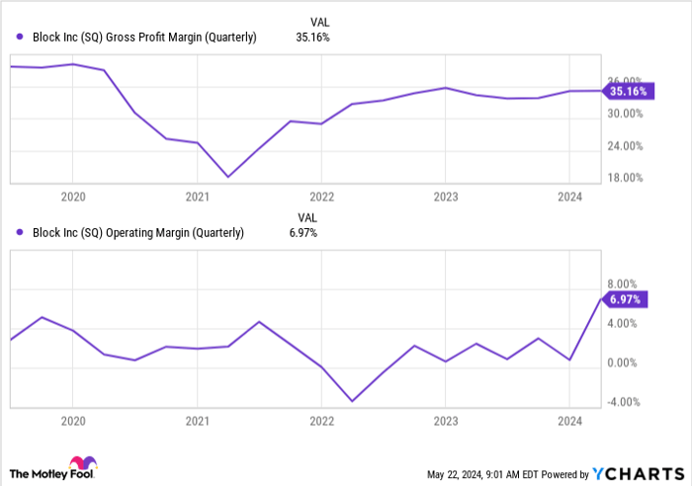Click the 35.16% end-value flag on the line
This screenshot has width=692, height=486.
click(x=628, y=91)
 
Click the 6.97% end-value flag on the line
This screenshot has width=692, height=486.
click(x=626, y=298)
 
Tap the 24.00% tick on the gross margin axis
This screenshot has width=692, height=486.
click(x=624, y=146)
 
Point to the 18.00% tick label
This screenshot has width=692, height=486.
click(x=624, y=178)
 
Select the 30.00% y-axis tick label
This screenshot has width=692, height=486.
click(x=624, y=114)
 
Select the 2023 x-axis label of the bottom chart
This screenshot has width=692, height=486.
click(x=445, y=421)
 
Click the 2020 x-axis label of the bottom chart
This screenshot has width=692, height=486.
click(x=72, y=421)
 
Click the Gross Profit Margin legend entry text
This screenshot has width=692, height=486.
click(x=144, y=38)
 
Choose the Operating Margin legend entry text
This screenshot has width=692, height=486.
click(x=138, y=233)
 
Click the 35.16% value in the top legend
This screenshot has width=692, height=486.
click(x=312, y=38)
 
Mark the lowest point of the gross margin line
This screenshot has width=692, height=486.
click(x=228, y=177)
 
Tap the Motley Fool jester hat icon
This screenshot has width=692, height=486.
click(x=80, y=464)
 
